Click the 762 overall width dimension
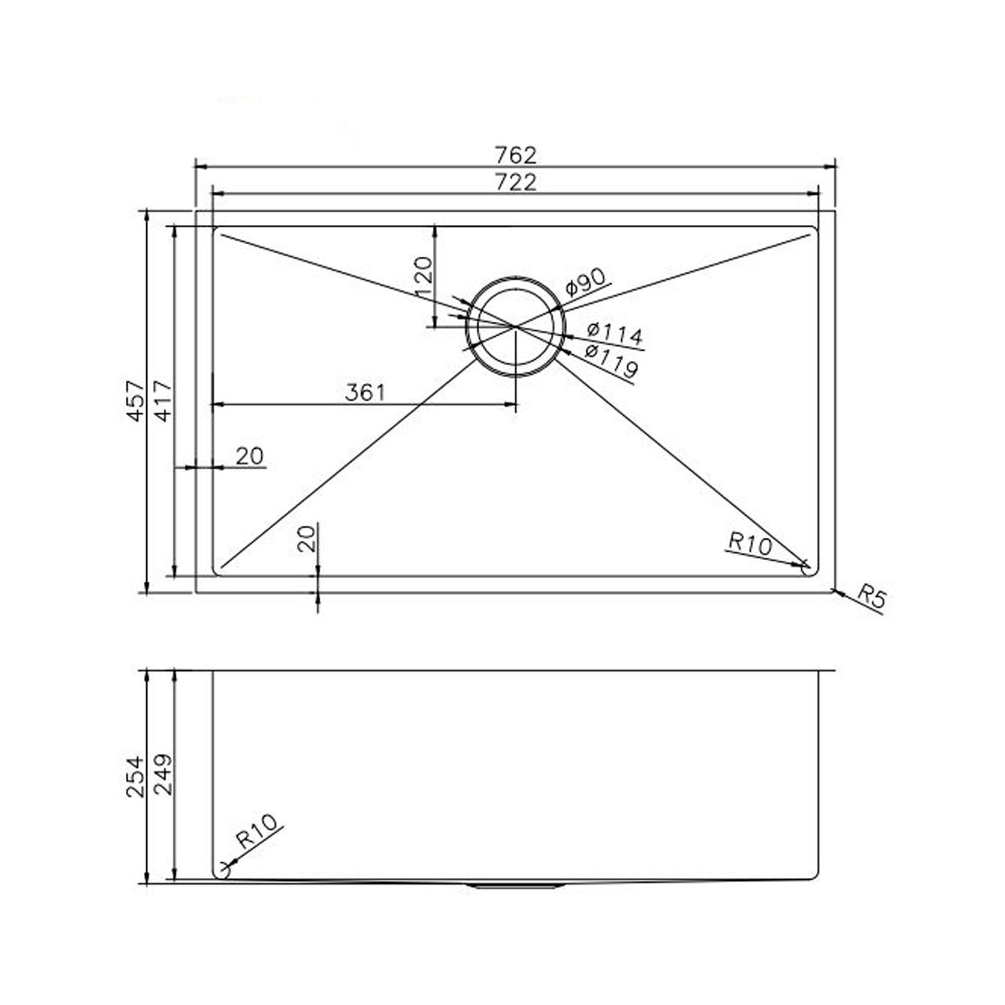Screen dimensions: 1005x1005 coord(516,155)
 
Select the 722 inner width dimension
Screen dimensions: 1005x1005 coord(516,182)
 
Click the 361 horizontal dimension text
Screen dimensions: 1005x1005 coord(365,392)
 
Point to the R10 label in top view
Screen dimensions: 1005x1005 coord(748,544)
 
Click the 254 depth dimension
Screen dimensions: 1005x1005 coord(136,776)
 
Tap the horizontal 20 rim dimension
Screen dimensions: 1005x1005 coord(249,456)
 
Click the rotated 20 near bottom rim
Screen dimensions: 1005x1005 coord(307,538)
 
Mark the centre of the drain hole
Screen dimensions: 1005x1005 coord(515,326)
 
